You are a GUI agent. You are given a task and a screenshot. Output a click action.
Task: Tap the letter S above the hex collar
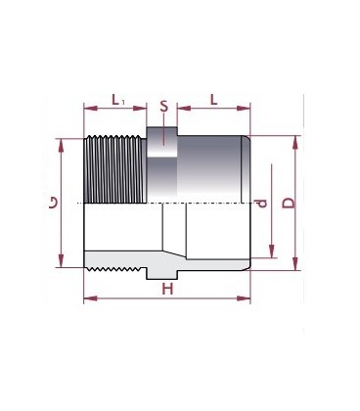163,105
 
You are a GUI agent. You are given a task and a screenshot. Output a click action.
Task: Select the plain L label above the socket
213,99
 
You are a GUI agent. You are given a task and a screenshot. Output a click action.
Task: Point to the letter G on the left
53,203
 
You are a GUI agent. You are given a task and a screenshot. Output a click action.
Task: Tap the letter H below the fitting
167,289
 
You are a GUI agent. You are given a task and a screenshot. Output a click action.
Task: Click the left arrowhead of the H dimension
88,298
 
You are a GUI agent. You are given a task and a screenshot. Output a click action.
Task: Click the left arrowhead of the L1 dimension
88,110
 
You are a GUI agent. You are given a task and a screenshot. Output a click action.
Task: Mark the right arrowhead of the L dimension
247,110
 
